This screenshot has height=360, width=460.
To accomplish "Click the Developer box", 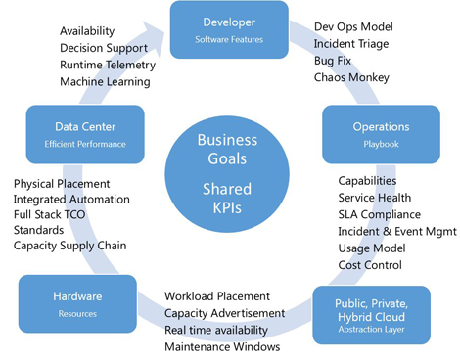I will [x=229, y=28].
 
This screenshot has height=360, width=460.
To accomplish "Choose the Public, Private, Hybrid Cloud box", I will [x=372, y=310].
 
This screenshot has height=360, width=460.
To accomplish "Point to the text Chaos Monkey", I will [x=351, y=77].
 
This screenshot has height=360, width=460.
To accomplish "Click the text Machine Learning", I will [x=105, y=81].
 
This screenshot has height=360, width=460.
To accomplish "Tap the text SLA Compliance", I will [x=379, y=215].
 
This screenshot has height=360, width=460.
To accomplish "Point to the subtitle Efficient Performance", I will [x=85, y=144].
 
